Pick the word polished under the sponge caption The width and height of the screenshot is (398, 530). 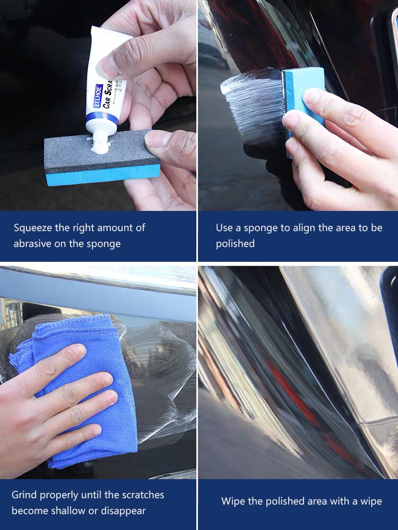tap(235, 244)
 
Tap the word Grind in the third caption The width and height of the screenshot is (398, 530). tap(24, 495)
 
